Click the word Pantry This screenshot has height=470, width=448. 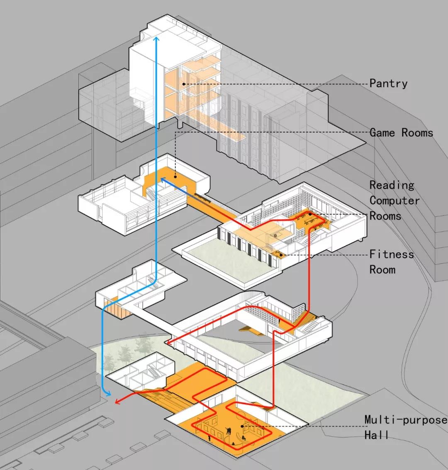pos(388,83)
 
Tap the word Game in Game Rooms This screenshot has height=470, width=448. pos(382,132)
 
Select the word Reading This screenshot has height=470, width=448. pos(392,185)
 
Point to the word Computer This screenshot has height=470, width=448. pos(394,201)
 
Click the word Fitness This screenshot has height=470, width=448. pos(392,254)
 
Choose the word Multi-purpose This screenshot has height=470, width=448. pos(406,420)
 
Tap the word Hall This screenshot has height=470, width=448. pos(376,435)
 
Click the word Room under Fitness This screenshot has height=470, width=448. pos(382,269)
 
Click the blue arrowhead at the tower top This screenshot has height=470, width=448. pos(156,39)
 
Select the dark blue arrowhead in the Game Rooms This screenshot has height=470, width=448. pos(163,179)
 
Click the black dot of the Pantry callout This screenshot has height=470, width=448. pos(184,84)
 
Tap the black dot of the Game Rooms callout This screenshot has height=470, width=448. pos(175,176)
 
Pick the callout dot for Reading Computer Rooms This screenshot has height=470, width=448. pos(310,214)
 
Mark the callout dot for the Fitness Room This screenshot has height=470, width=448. pos(281,255)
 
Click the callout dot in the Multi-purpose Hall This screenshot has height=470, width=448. pos(242,426)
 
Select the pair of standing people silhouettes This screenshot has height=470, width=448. pos(229,431)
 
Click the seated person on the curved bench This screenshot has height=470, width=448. pos(243,438)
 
